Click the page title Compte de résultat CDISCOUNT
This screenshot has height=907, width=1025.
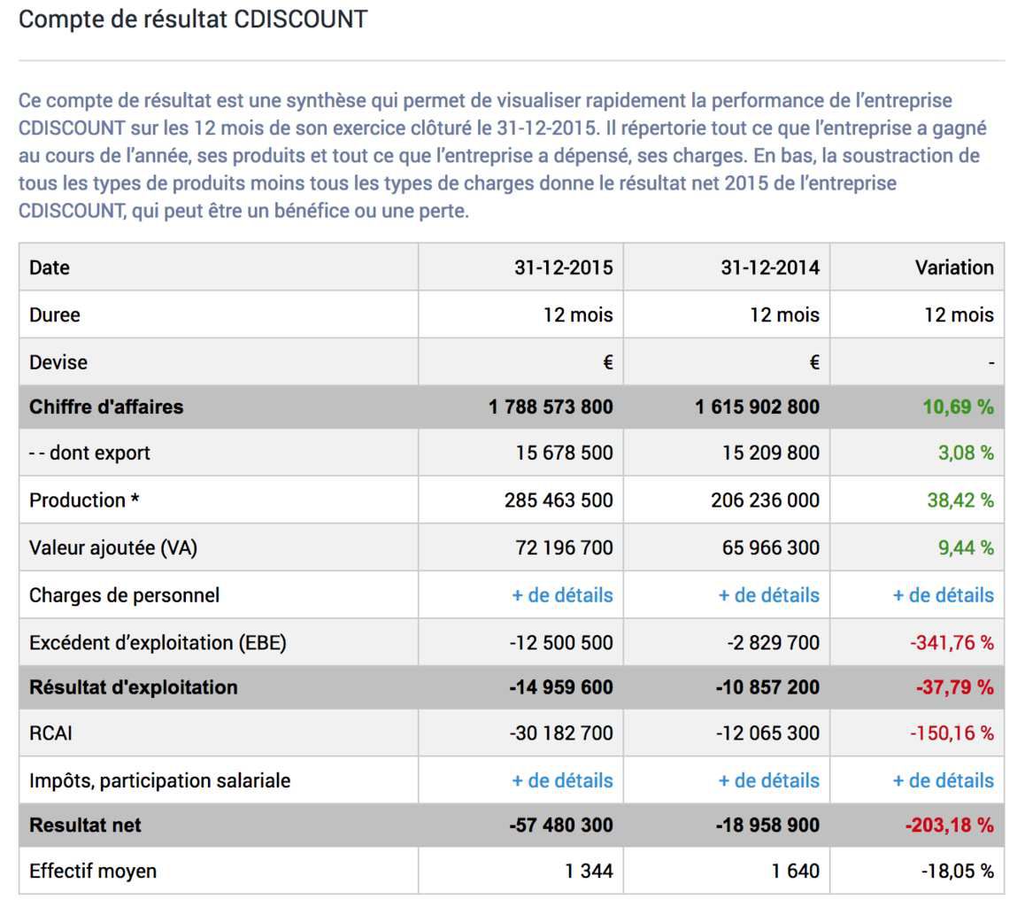click(193, 19)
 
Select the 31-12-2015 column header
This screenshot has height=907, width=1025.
click(564, 267)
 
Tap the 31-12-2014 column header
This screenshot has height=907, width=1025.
click(770, 267)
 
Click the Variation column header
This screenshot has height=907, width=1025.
click(954, 267)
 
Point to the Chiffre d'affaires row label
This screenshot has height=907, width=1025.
click(106, 407)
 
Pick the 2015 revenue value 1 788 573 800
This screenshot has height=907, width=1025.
click(551, 407)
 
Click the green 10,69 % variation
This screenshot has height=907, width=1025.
click(959, 407)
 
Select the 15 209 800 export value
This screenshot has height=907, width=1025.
click(771, 453)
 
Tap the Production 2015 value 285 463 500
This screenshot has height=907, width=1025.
click(559, 500)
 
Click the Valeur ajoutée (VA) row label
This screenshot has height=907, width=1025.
click(113, 548)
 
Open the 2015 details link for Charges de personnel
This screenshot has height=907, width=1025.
click(562, 595)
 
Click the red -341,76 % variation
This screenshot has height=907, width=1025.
click(952, 643)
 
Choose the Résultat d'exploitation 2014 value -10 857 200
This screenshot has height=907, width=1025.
click(767, 687)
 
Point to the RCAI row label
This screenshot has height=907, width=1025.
click(51, 733)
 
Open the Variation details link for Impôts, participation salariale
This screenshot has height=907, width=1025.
click(944, 780)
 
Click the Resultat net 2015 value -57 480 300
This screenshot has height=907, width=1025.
click(561, 826)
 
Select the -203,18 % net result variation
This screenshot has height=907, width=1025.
click(950, 826)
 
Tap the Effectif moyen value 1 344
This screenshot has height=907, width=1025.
click(589, 871)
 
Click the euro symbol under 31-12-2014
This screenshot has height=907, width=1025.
click(813, 362)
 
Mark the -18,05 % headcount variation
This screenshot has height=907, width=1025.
click(958, 871)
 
